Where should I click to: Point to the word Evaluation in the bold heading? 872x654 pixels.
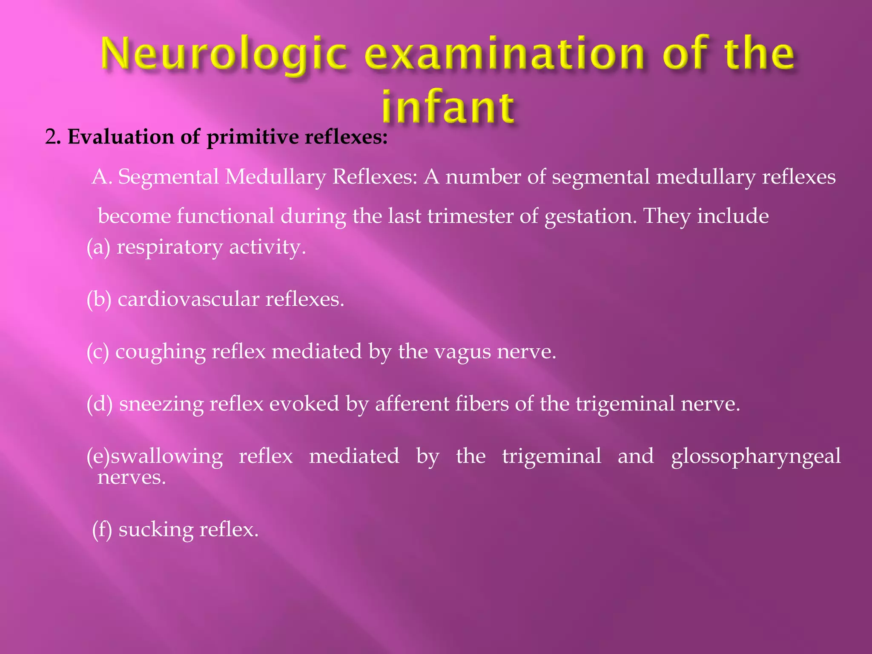click(x=120, y=137)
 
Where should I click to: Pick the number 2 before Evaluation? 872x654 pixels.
click(x=51, y=137)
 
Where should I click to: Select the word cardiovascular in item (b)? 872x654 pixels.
click(x=188, y=299)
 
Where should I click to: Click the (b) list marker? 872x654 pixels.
click(x=99, y=299)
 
